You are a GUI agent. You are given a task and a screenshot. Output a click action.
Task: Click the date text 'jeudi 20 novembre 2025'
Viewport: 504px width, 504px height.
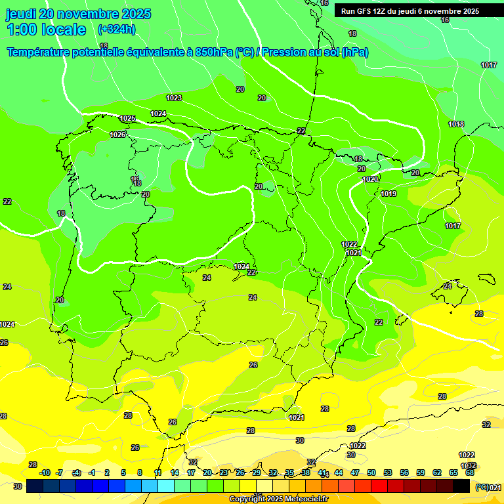tap(78, 14)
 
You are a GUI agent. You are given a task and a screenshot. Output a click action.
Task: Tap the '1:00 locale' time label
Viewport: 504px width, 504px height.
tap(46, 30)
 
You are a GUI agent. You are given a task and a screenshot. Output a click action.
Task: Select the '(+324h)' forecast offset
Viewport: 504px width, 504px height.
tap(116, 29)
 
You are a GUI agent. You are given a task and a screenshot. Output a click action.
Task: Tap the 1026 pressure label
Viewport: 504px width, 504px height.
tap(117, 135)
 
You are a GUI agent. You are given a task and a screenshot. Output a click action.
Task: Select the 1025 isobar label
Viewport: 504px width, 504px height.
tap(127, 119)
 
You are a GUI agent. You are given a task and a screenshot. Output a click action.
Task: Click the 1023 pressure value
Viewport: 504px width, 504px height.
tap(174, 98)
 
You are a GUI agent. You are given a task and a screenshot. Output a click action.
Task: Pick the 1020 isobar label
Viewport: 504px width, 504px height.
tap(370, 179)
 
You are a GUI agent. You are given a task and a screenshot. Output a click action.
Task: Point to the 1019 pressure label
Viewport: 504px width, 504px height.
tap(388, 194)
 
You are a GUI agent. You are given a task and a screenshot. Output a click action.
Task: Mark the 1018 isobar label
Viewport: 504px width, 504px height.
tap(456, 124)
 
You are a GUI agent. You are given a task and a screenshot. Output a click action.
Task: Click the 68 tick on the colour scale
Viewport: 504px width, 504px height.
tap(470, 472)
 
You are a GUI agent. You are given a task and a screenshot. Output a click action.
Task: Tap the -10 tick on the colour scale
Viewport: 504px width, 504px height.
tap(45, 472)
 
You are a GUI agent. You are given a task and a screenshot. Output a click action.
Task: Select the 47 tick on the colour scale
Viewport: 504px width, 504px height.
tap(355, 472)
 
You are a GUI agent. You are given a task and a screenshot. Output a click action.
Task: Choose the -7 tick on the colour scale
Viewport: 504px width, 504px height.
tap(60, 472)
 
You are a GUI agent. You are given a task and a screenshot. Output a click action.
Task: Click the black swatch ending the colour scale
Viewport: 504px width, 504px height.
tap(461, 486)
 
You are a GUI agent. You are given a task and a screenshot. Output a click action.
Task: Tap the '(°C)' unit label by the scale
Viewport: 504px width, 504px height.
tap(482, 487)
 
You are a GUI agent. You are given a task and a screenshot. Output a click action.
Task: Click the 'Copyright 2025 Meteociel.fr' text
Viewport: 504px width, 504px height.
tap(278, 499)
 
